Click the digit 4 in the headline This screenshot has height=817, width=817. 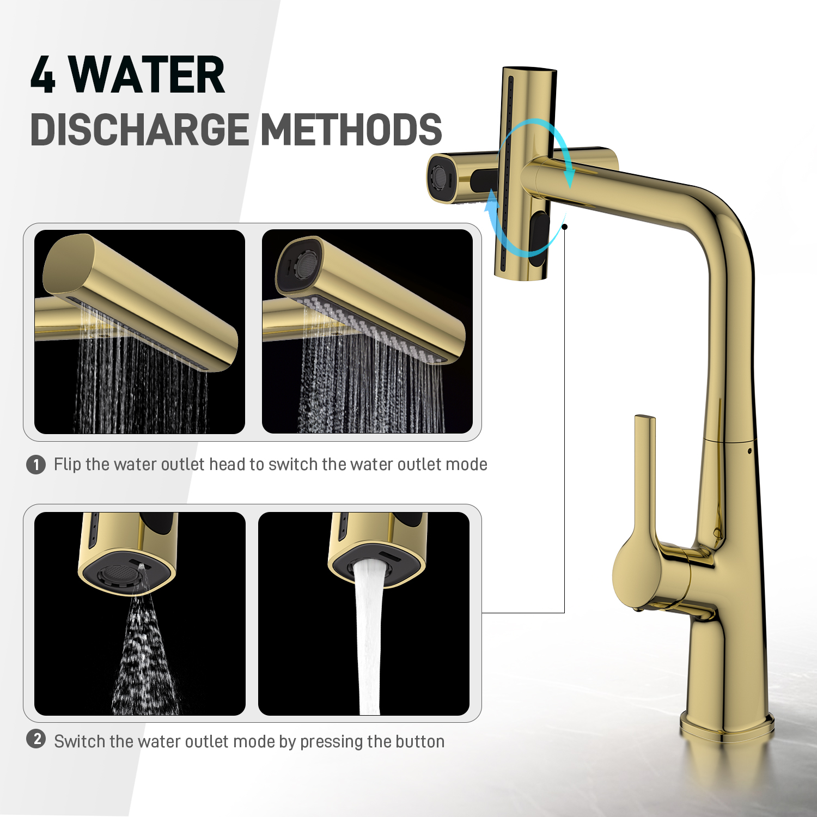click(x=43, y=75)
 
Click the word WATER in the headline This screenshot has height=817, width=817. click(x=147, y=75)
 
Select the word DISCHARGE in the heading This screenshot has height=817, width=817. click(x=140, y=130)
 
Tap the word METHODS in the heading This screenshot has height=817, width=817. click(x=351, y=130)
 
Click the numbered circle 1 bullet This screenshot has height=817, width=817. click(x=36, y=465)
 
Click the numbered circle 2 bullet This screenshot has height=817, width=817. click(x=36, y=739)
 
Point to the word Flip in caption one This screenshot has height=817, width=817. click(x=67, y=464)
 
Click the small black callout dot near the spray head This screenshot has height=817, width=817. click(x=565, y=227)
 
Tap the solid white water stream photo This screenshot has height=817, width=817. click(x=364, y=614)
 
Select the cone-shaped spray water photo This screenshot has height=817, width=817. click(x=140, y=614)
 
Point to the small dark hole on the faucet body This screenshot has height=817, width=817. click(x=750, y=451)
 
